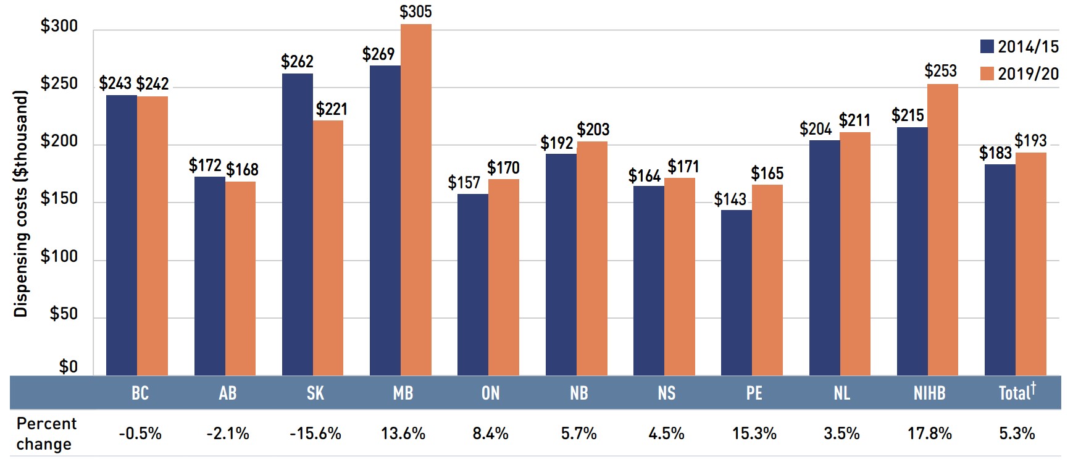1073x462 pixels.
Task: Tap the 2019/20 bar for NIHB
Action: [943, 229]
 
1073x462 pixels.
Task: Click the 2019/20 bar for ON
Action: [504, 277]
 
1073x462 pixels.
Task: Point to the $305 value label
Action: [415, 12]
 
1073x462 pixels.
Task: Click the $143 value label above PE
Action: [730, 199]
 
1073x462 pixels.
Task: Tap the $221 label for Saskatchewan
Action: [332, 109]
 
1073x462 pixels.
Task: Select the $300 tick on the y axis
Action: [59, 26]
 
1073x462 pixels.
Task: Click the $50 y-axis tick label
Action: [64, 314]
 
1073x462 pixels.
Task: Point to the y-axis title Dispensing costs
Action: [21, 204]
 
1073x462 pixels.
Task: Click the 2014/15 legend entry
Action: [1019, 46]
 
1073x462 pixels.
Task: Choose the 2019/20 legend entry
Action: [1019, 73]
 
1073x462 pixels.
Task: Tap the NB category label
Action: [579, 393]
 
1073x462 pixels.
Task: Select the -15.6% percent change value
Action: [315, 434]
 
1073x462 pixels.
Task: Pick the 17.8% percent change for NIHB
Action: [929, 434]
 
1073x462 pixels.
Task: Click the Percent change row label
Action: [45, 434]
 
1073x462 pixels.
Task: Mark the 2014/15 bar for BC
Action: [122, 235]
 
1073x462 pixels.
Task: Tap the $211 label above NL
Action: [854, 120]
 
